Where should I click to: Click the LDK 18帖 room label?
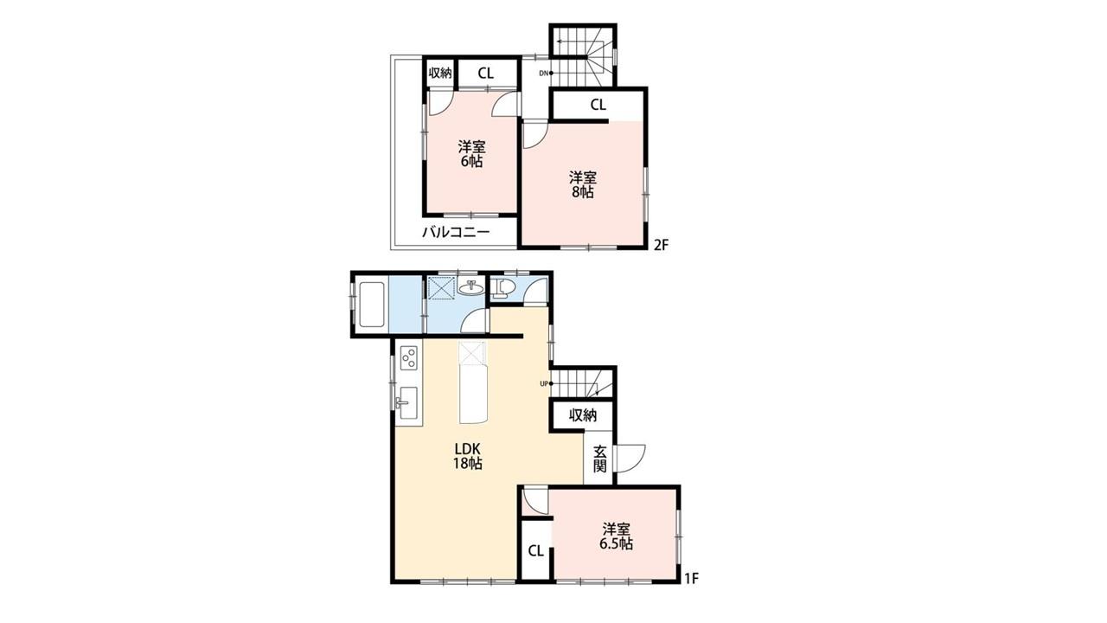click(x=468, y=456)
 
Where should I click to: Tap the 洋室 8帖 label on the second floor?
click(x=583, y=184)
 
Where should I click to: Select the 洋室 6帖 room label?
click(x=472, y=154)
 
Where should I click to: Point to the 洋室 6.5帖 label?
click(x=617, y=536)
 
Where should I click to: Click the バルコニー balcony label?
click(x=456, y=232)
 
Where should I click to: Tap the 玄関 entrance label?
click(x=599, y=459)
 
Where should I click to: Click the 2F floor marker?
click(x=661, y=245)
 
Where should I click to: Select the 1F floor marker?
click(x=691, y=579)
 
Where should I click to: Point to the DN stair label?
click(x=544, y=74)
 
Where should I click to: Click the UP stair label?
click(x=544, y=383)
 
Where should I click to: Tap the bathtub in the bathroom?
click(x=371, y=304)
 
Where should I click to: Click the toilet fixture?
click(x=501, y=289)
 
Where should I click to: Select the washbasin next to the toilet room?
click(x=470, y=287)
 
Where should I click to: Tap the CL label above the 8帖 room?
click(x=598, y=105)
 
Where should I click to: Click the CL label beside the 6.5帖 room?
click(x=535, y=551)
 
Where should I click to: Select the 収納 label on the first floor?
click(x=583, y=415)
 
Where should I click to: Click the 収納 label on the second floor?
click(x=440, y=74)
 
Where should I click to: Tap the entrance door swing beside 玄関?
click(x=631, y=459)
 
